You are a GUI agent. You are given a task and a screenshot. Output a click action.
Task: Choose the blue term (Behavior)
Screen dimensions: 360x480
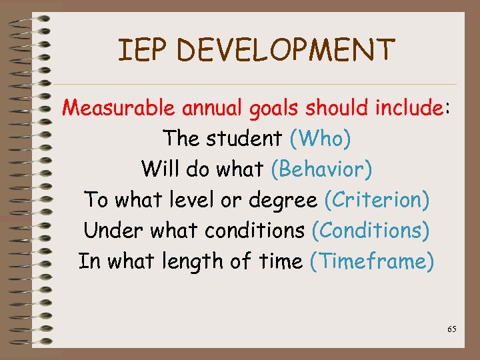point(321,169)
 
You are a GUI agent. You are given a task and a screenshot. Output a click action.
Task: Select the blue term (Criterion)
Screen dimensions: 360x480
point(377,200)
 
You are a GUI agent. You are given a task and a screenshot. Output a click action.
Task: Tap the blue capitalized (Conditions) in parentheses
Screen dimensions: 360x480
point(370,231)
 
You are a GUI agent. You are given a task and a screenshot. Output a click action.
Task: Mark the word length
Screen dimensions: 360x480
point(192,262)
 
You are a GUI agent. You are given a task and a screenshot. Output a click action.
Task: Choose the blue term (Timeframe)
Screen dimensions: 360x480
point(372,261)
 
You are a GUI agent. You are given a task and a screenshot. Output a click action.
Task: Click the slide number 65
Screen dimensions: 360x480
point(452,329)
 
